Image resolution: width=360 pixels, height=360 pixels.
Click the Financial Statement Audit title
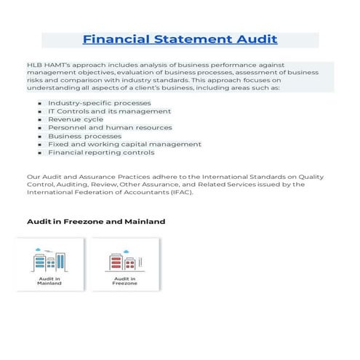click(180, 39)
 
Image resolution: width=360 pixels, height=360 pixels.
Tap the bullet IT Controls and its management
click(109, 111)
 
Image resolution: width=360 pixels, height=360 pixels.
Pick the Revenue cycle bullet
click(75, 119)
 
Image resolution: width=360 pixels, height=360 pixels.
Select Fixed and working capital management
click(124, 144)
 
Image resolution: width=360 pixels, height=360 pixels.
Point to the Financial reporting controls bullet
click(101, 153)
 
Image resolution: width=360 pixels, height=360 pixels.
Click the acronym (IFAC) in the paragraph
click(180, 192)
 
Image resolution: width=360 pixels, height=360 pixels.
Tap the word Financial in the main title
click(115, 39)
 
